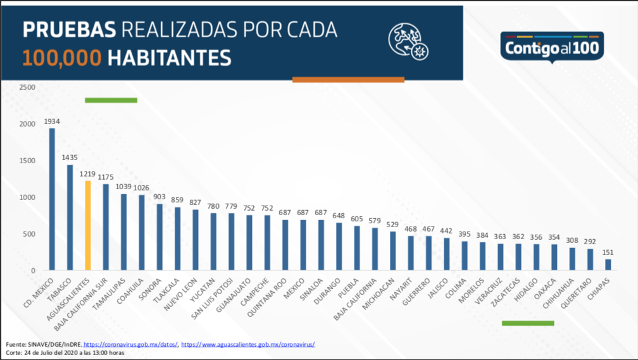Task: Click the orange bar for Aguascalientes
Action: pos(88,226)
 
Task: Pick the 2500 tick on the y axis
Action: pos(27,87)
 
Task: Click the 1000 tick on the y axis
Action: pos(27,197)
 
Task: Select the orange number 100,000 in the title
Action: pos(62,58)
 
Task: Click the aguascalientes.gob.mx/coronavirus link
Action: pos(248,344)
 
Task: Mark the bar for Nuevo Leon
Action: pos(196,240)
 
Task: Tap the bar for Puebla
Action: pos(357,248)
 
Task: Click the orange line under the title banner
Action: pos(348,80)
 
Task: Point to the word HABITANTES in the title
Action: pos(169,58)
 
